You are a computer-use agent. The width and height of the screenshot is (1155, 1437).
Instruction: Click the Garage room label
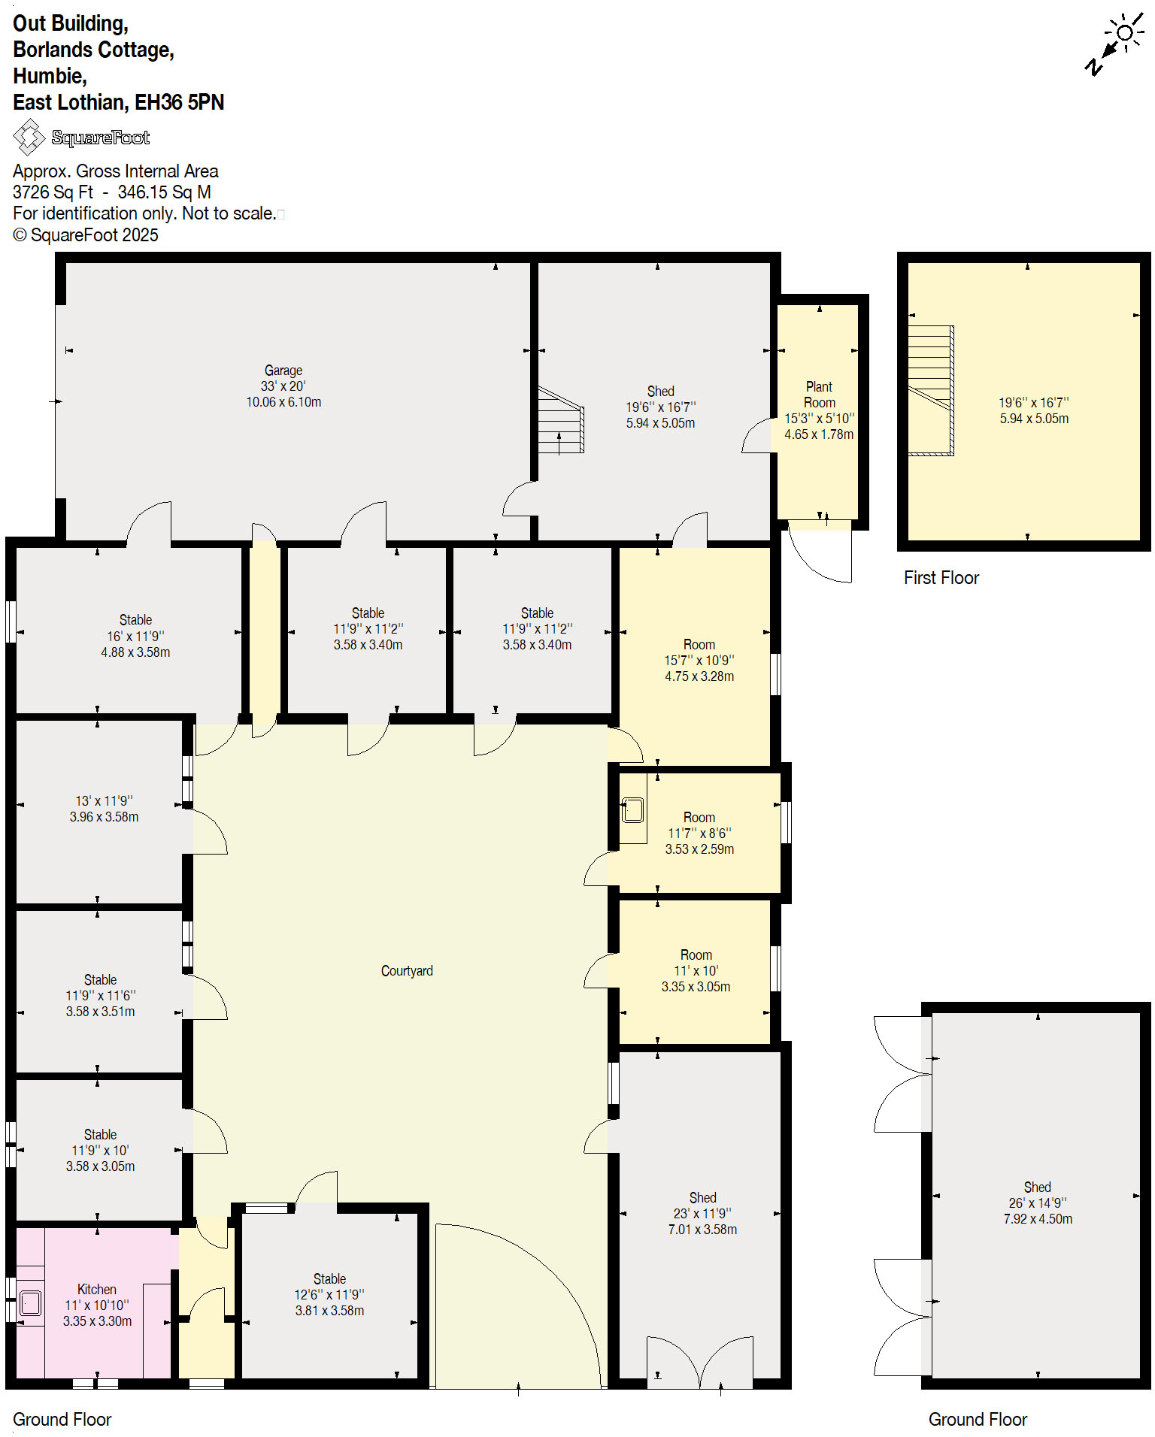point(283,371)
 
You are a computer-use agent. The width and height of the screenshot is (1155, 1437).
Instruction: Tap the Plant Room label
point(819,395)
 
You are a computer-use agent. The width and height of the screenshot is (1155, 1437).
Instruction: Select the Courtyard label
point(407,971)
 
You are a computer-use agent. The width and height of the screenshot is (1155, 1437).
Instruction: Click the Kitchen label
point(96,1289)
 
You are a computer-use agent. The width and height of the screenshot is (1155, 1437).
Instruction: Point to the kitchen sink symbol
point(31,1302)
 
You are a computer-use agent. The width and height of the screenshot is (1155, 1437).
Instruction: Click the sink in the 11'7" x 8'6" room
point(632,810)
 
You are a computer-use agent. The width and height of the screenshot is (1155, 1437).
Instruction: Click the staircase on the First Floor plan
point(931,390)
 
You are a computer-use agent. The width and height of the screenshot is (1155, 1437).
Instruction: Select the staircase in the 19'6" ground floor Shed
point(561,421)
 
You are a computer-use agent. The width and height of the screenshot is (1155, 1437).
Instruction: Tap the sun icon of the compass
point(1125,32)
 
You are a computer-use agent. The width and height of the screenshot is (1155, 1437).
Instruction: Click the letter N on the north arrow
point(1093,67)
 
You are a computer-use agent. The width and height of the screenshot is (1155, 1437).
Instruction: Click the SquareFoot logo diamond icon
point(29,138)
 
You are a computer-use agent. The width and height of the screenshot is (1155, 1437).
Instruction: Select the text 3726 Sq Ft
point(53,192)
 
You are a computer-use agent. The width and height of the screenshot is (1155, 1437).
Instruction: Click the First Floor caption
point(941,578)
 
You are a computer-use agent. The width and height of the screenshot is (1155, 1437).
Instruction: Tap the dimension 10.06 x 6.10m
point(283,402)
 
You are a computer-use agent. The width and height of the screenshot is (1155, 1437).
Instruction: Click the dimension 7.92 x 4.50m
point(1038,1218)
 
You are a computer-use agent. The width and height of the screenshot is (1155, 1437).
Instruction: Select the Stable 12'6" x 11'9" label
point(329,1278)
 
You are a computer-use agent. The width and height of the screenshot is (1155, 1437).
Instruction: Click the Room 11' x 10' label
point(696,955)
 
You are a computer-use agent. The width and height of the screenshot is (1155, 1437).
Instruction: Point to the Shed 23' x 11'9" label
point(702,1197)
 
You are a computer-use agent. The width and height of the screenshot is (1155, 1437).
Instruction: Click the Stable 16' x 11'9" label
point(135,620)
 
